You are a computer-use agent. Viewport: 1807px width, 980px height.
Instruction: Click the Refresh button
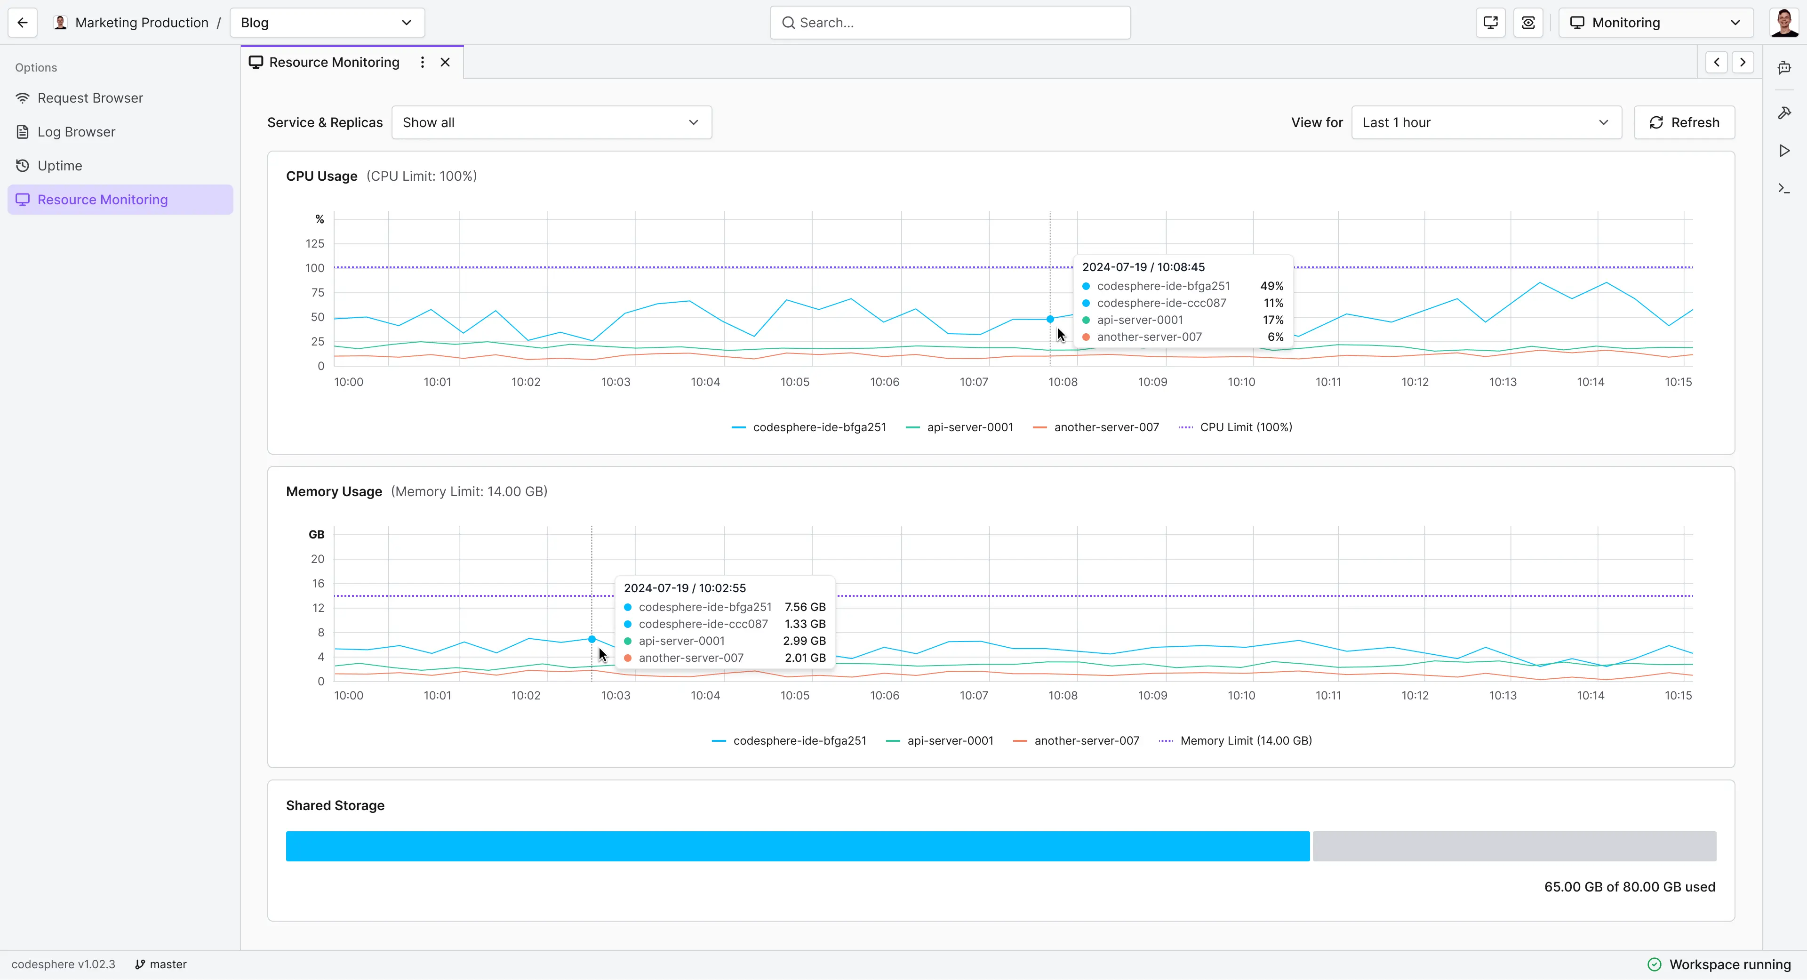(1684, 123)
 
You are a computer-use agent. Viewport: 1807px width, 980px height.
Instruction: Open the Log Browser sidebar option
(76, 132)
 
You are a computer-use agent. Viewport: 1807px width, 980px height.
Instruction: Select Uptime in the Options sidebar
(60, 166)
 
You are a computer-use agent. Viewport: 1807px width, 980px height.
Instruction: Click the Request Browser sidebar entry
(90, 98)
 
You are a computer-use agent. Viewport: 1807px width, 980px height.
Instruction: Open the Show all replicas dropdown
(552, 123)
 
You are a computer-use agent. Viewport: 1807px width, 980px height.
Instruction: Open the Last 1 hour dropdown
(1486, 123)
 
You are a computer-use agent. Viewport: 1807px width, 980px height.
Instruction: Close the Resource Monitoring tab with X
(445, 63)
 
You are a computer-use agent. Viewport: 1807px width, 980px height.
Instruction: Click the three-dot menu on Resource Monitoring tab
(422, 63)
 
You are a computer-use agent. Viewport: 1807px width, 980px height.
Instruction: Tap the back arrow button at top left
(23, 23)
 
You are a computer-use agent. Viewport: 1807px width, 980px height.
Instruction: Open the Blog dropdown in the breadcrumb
(327, 23)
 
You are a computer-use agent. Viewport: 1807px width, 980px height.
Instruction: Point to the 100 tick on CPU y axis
(315, 268)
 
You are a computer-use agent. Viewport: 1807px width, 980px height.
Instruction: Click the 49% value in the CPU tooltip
(1271, 286)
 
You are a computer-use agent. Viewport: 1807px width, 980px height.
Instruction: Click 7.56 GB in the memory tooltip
(805, 607)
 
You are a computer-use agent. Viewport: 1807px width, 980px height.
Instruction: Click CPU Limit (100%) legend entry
(1245, 427)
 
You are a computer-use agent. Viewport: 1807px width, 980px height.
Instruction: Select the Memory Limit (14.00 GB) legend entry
(1245, 741)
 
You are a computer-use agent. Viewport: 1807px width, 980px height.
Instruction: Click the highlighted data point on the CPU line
(1050, 319)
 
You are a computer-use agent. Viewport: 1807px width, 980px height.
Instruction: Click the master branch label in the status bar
(168, 964)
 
